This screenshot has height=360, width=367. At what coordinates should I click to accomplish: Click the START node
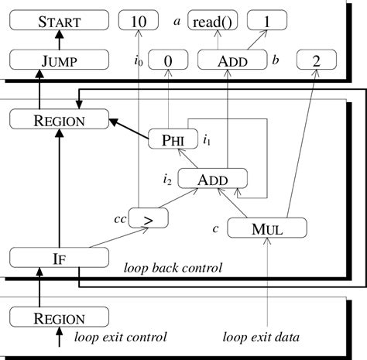[60, 21]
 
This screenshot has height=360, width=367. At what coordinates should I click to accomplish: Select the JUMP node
[60, 60]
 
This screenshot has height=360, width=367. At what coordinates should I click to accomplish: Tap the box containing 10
[139, 21]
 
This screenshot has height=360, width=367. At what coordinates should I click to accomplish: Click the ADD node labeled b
[228, 60]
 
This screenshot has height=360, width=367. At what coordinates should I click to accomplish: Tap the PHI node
[173, 139]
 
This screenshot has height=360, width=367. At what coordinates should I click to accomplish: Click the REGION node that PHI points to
[60, 120]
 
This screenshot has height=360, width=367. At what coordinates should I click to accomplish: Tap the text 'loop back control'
[173, 269]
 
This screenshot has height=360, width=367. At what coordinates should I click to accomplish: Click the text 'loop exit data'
[261, 338]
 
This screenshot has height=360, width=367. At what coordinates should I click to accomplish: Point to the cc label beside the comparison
[119, 219]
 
